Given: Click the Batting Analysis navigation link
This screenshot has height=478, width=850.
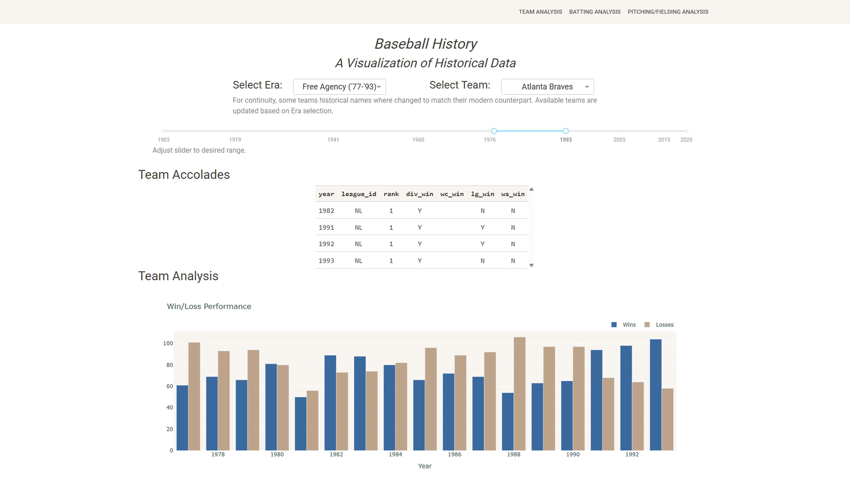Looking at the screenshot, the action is (595, 12).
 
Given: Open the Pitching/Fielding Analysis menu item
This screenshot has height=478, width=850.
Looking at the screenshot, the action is (668, 12).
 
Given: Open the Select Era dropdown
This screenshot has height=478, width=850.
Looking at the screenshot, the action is (339, 87).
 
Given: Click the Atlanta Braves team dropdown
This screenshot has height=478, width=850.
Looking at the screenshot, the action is (547, 87).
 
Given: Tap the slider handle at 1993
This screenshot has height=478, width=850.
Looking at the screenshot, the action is (566, 131).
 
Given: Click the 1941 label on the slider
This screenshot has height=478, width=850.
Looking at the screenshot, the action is (333, 140).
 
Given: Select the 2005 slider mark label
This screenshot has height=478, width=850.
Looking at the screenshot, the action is (619, 140).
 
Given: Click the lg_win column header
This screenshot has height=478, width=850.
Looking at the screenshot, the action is (482, 194).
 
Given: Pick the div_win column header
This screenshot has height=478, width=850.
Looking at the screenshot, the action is (419, 194).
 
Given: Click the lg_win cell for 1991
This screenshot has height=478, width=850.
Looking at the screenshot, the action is (482, 227).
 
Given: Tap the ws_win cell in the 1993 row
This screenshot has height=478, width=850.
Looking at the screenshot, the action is (513, 261).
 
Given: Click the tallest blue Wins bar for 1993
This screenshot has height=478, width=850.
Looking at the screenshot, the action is (655, 395).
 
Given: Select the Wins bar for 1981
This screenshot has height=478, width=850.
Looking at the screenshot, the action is (301, 424).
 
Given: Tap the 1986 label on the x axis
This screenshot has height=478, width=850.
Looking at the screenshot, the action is (454, 454).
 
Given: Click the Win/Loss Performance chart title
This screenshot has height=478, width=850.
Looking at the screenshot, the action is (209, 306).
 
